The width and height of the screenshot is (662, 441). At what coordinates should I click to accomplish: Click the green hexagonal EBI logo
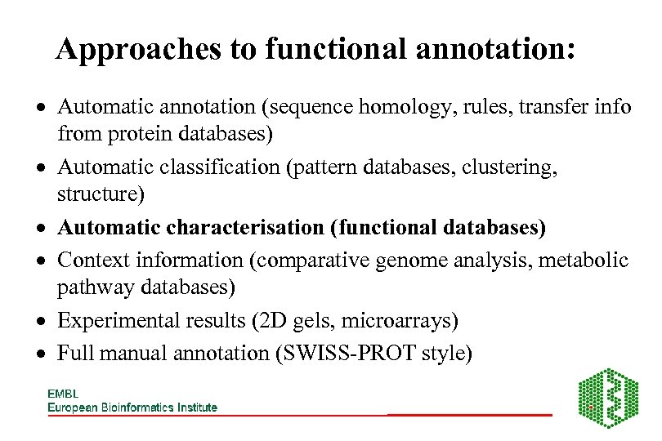pos(608,398)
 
